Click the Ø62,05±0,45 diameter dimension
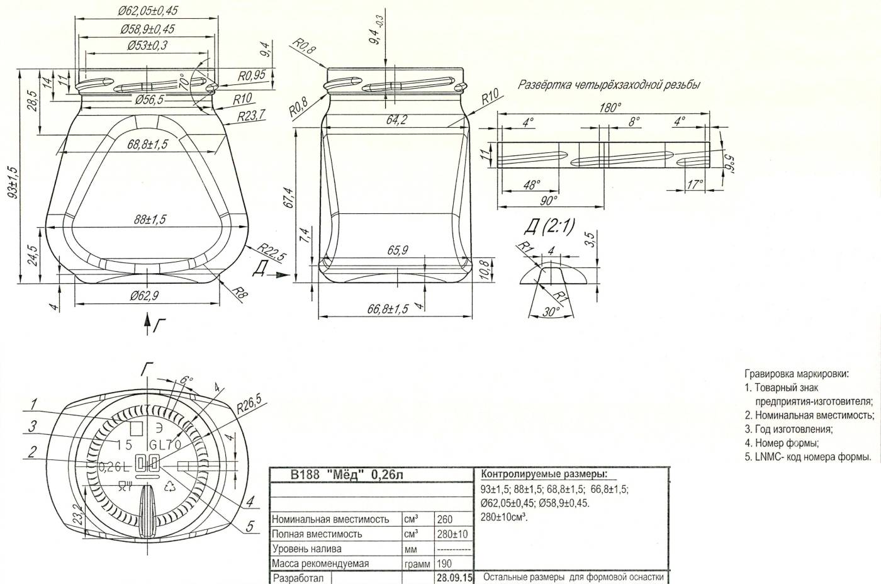point(147,11)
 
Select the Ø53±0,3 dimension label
point(147,45)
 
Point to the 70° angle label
point(183,81)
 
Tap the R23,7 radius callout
point(251,116)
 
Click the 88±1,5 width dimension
point(150,220)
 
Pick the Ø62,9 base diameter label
point(144,295)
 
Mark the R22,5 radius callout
point(271,252)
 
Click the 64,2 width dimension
point(396,120)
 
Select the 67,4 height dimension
point(289,198)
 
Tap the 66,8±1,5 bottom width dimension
point(388,309)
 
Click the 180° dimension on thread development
point(610,108)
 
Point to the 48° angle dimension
point(532,184)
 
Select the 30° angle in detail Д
point(551,312)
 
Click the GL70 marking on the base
point(165,445)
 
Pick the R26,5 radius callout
point(249,404)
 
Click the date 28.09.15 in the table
point(454,578)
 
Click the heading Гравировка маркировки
point(797,374)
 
